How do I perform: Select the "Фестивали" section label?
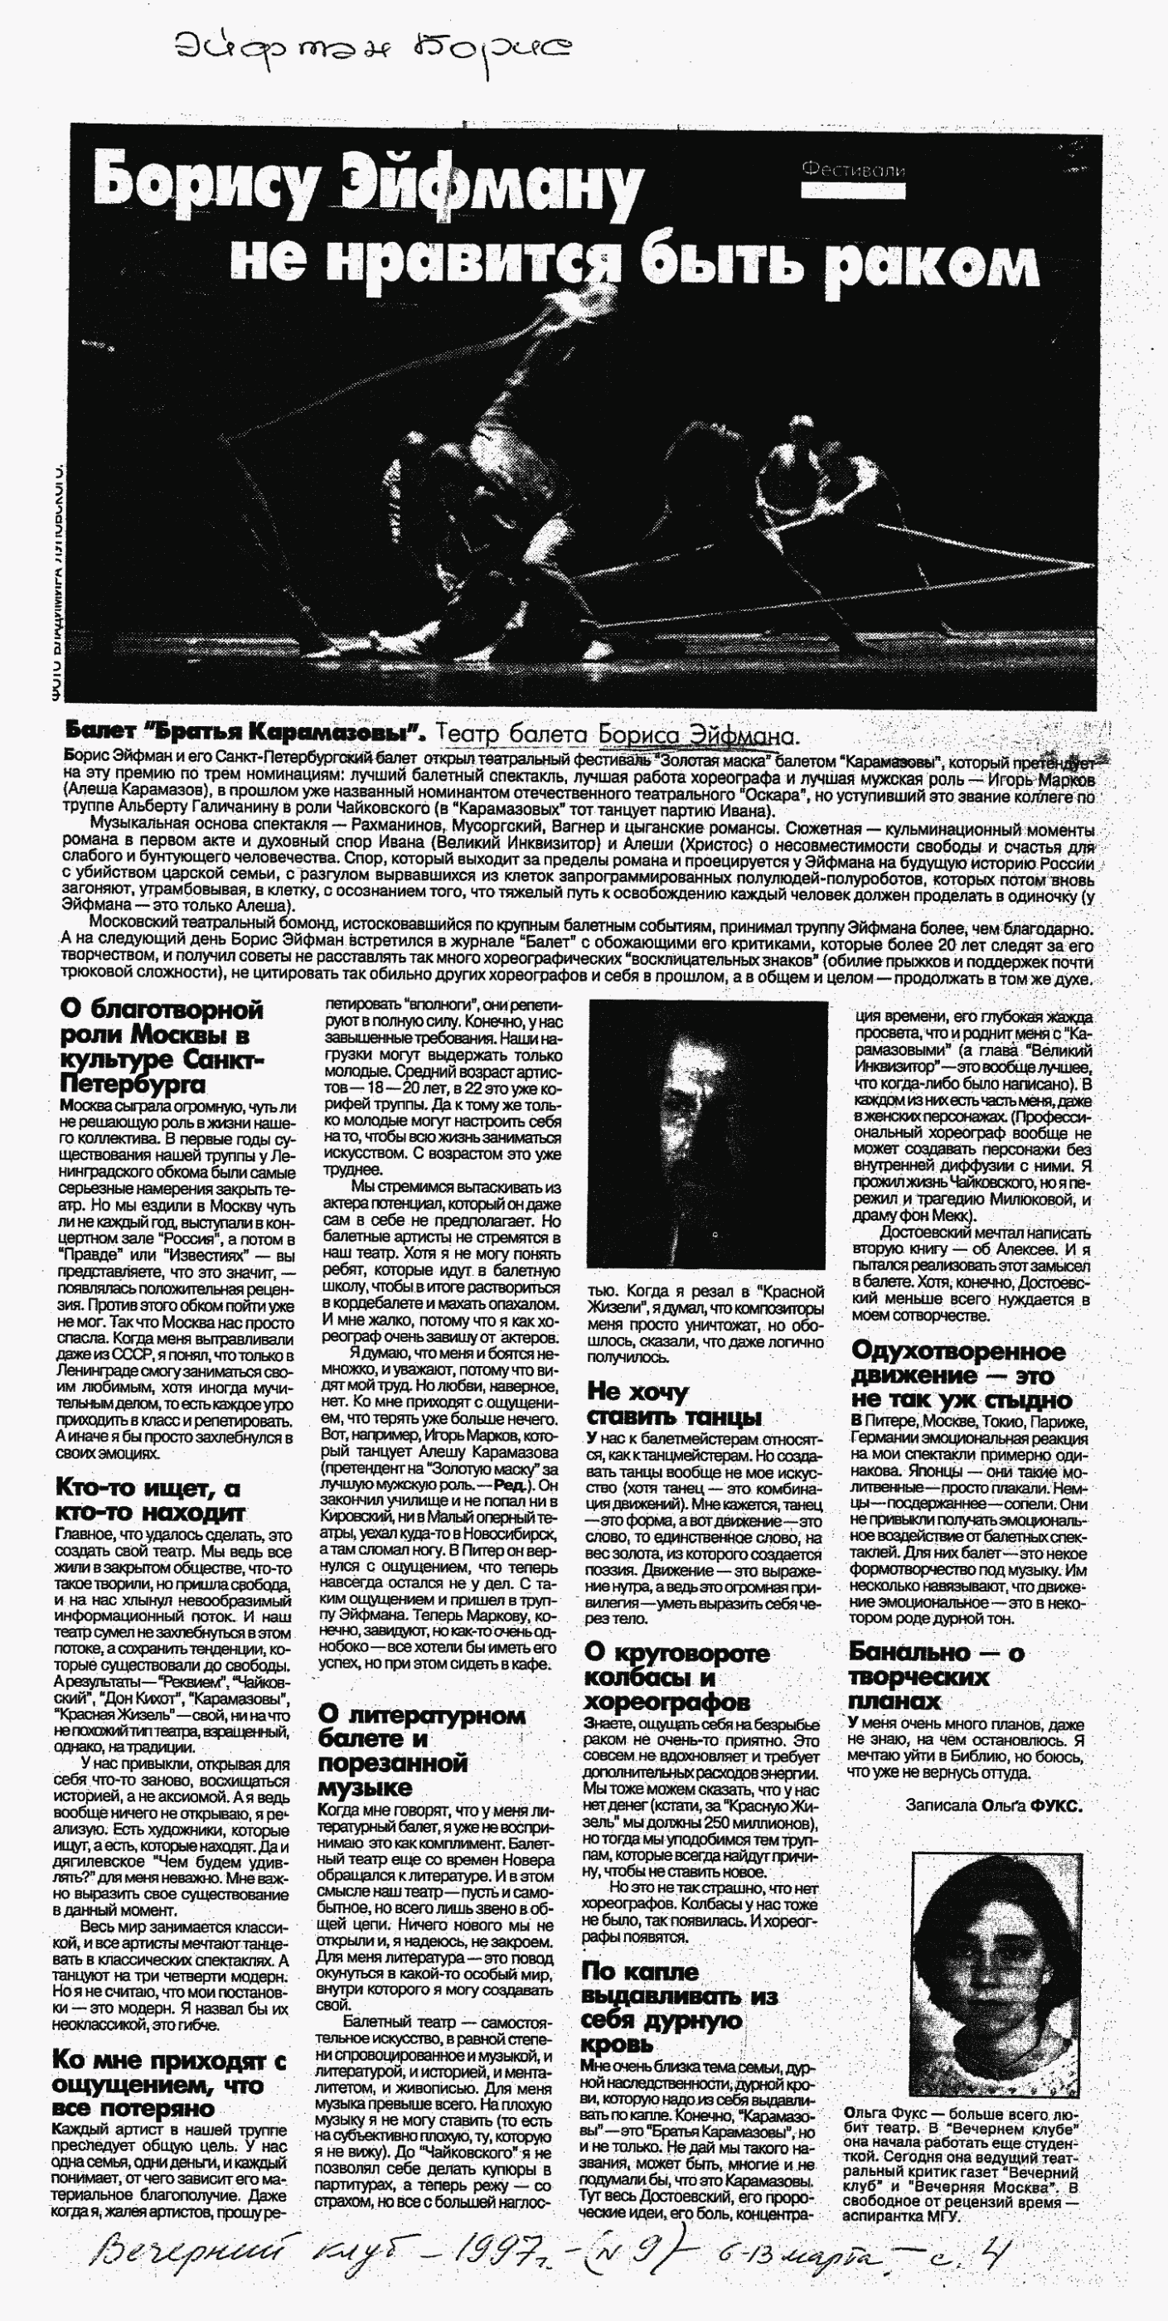point(852,169)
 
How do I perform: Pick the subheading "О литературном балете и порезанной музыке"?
point(421,1752)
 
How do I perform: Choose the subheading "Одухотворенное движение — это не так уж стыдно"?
point(961,1376)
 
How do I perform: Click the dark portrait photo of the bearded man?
point(706,1133)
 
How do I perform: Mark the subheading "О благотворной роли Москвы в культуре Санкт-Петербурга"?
point(162,1046)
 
